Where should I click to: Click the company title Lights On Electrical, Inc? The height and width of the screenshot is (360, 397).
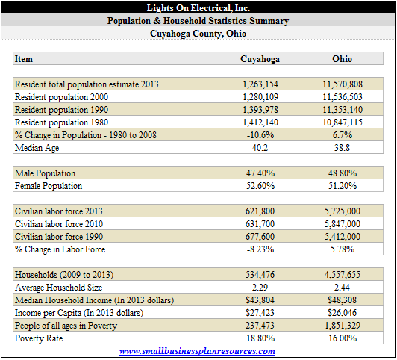[198, 8]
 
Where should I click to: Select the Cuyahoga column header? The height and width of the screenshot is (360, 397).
[260, 59]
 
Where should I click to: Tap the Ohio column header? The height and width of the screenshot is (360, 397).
[342, 59]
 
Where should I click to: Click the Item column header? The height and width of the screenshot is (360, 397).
[24, 59]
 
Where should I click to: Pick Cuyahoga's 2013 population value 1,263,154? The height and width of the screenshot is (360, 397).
[260, 84]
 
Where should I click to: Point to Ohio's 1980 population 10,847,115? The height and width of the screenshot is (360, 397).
[343, 122]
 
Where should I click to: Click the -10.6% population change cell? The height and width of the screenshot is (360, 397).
[260, 135]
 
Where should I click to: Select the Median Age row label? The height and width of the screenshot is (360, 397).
[37, 148]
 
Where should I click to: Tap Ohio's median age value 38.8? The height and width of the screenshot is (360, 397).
[342, 148]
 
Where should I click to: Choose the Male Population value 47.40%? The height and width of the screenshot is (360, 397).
[260, 173]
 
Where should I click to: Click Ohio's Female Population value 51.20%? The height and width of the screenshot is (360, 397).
[343, 186]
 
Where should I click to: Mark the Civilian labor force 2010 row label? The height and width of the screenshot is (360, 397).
[59, 224]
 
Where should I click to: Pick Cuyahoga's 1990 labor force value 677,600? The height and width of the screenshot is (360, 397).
[260, 237]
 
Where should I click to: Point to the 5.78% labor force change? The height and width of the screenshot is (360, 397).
[343, 249]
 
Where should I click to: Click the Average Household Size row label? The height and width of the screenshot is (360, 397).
[58, 288]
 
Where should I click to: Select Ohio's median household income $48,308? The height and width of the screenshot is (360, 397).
[342, 300]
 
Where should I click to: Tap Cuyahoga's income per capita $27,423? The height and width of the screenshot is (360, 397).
[260, 313]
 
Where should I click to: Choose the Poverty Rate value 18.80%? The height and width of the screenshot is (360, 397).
[260, 338]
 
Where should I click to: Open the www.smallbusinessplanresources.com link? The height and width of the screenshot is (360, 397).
[198, 351]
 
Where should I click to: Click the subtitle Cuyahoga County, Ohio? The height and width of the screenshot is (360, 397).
[198, 34]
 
